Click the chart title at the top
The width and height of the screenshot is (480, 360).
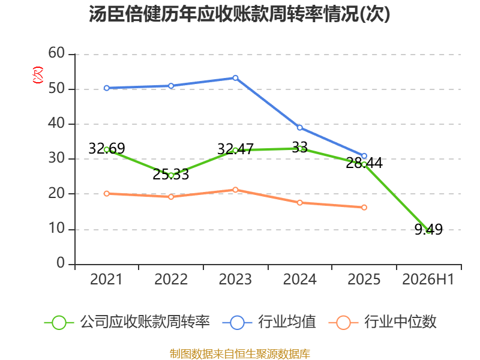click(239, 14)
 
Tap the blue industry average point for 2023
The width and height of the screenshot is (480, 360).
click(235, 78)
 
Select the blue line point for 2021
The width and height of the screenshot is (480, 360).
click(107, 88)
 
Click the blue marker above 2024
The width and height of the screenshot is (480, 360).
click(299, 128)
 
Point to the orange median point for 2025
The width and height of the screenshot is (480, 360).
click(364, 208)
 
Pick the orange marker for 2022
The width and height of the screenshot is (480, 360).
click(171, 197)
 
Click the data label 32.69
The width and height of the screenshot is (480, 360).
click(107, 148)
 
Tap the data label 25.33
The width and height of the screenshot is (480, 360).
click(171, 175)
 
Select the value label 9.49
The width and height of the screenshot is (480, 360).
click(428, 229)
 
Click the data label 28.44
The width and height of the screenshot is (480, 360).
click(364, 163)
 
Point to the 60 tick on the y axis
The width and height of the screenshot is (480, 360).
click(56, 53)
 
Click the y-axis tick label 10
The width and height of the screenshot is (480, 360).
click(56, 229)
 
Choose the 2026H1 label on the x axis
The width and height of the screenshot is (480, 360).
click(428, 279)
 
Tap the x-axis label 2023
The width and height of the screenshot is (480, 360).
click(235, 279)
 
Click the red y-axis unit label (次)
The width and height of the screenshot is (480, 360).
click(38, 75)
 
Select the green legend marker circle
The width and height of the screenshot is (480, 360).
click(59, 323)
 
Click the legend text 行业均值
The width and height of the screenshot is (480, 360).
click(287, 322)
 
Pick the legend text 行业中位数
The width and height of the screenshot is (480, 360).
click(400, 322)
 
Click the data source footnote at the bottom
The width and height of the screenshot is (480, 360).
click(240, 354)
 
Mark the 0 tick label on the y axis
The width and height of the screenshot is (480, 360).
click(61, 263)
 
